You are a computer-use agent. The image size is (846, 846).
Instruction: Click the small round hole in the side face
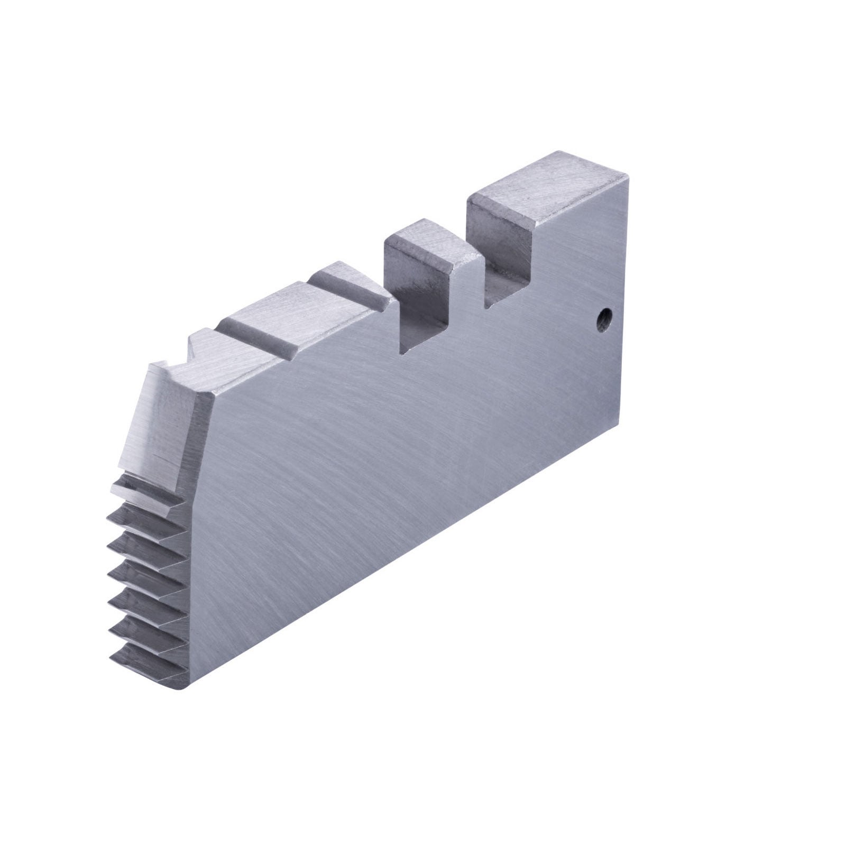(602, 320)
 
